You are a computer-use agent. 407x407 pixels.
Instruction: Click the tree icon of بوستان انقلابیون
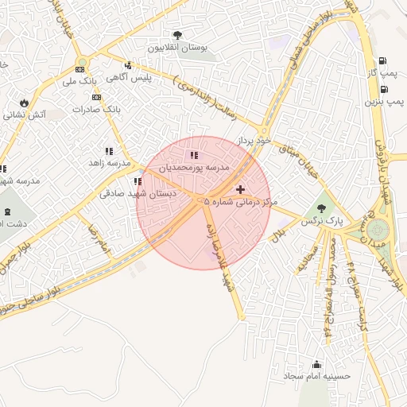177,35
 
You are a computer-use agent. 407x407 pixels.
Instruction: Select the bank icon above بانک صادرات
97,97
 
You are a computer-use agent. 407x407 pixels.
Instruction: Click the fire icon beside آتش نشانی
25,103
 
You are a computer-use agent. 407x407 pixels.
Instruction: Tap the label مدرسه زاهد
109,163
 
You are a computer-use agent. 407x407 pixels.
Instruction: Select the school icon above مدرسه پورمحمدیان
194,155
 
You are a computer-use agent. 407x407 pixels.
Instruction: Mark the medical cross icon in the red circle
240,189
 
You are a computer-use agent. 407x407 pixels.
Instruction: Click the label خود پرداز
253,140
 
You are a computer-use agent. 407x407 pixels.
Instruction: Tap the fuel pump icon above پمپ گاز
384,60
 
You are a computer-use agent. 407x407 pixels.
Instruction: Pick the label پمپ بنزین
385,102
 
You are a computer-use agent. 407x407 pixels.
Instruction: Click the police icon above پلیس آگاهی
129,65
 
